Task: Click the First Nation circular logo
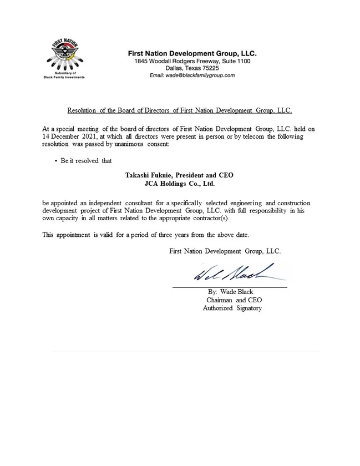(64, 55)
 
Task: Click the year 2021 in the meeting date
(93, 136)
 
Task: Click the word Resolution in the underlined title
(82, 111)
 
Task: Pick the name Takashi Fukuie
(149, 175)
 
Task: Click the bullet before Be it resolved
(57, 161)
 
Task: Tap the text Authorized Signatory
(232, 308)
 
